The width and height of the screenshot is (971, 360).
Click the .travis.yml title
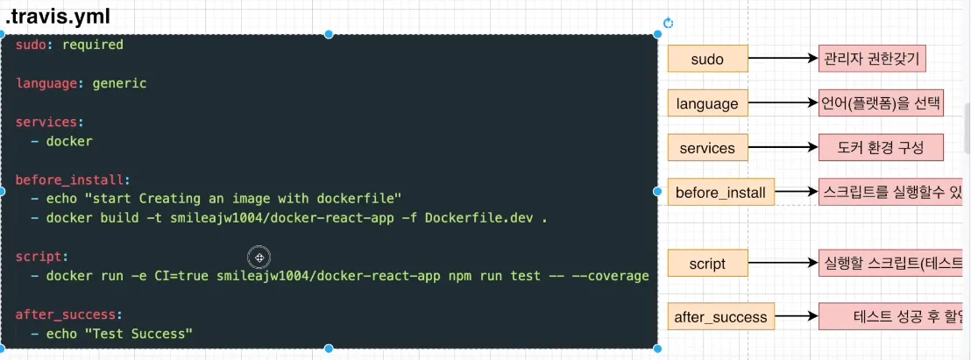click(55, 17)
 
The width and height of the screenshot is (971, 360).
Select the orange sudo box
click(707, 59)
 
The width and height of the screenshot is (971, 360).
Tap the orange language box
click(707, 103)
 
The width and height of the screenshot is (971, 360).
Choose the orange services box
click(707, 148)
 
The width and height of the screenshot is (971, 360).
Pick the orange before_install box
click(720, 192)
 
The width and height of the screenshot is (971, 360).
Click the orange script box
click(707, 262)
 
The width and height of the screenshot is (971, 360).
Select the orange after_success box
click(721, 317)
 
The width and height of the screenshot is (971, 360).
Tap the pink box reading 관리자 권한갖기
click(873, 59)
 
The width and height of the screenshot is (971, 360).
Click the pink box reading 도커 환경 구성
click(882, 148)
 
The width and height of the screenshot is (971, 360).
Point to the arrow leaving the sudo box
click(783, 59)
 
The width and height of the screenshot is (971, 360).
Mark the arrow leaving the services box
click(783, 148)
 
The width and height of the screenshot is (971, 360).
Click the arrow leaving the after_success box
click(797, 317)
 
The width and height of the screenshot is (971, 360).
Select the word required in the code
click(92, 45)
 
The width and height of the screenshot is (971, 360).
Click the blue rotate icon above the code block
click(668, 24)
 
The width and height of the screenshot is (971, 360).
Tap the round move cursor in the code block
click(259, 257)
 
